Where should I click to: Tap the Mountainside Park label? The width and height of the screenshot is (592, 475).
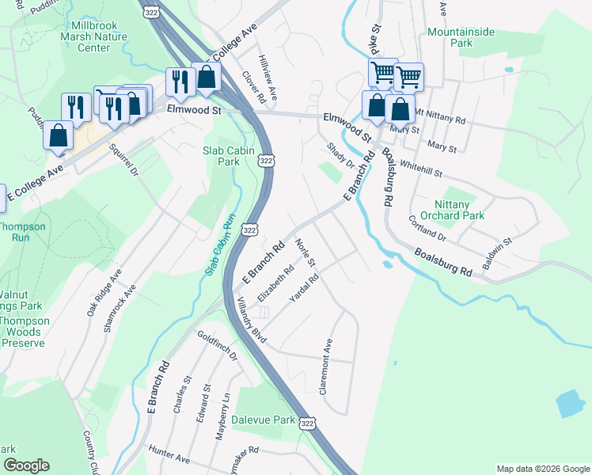click(x=461, y=38)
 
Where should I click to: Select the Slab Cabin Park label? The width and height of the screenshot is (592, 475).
click(x=218, y=155)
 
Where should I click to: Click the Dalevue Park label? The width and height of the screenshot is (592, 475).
click(x=263, y=420)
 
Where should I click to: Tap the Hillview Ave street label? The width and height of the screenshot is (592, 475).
click(x=268, y=78)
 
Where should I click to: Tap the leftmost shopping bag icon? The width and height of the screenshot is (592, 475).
click(x=58, y=135)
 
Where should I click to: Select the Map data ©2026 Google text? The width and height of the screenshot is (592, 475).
click(x=542, y=469)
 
